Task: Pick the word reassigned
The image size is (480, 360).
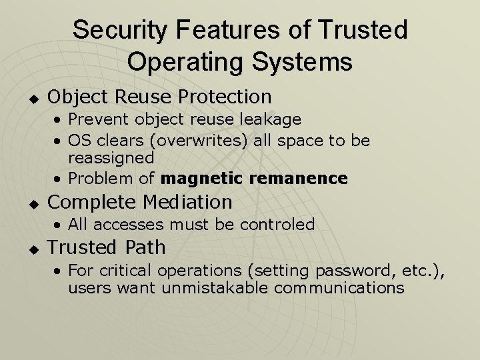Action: point(111,159)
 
